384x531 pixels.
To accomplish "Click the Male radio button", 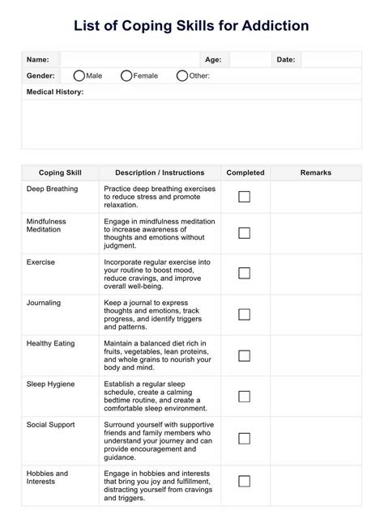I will tap(79, 75).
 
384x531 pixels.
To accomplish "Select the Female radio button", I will tap(126, 75).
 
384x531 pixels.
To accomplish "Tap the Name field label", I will tap(37, 59).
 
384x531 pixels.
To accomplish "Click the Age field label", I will tap(213, 59).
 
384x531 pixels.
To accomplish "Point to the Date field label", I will tap(286, 59).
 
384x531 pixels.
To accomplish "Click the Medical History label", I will tap(55, 91).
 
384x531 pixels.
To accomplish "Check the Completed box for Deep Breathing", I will tap(244, 197).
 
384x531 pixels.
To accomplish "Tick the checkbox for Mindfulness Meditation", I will tap(244, 233).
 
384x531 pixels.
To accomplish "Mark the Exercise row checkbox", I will tap(244, 274).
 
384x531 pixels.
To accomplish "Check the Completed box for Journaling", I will tap(244, 315).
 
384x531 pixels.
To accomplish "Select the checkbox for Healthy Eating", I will tap(244, 355).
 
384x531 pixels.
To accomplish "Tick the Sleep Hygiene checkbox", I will tap(244, 396).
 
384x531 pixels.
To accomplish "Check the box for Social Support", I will tap(244, 438).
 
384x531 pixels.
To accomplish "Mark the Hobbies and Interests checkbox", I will tap(244, 481).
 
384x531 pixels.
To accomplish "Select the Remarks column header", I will tap(316, 172).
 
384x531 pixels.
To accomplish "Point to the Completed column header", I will tap(245, 172).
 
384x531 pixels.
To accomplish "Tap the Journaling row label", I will tap(45, 303).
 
